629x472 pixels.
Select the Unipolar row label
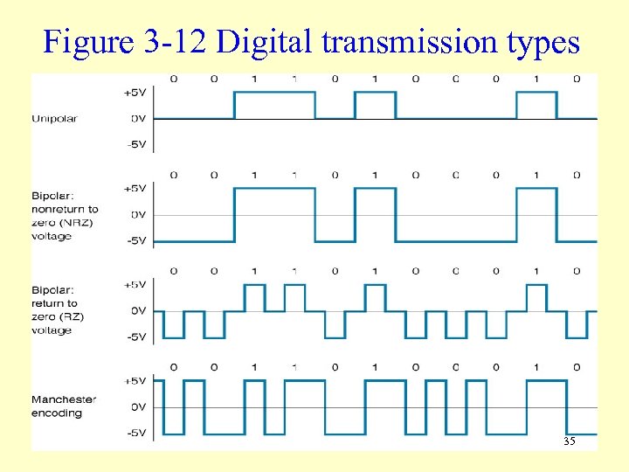[x=54, y=118]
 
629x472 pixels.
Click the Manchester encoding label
[x=64, y=406]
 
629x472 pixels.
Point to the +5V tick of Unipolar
[x=135, y=92]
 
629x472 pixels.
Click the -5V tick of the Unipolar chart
[x=135, y=144]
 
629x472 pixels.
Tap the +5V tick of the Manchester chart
[x=135, y=380]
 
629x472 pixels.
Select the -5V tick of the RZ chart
[x=135, y=337]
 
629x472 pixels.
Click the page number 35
[x=569, y=441]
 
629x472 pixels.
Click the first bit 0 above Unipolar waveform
[x=174, y=79]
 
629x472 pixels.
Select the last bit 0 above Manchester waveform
[x=577, y=367]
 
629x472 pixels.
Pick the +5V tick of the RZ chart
[x=135, y=284]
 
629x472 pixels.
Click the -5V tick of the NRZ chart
[x=135, y=240]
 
